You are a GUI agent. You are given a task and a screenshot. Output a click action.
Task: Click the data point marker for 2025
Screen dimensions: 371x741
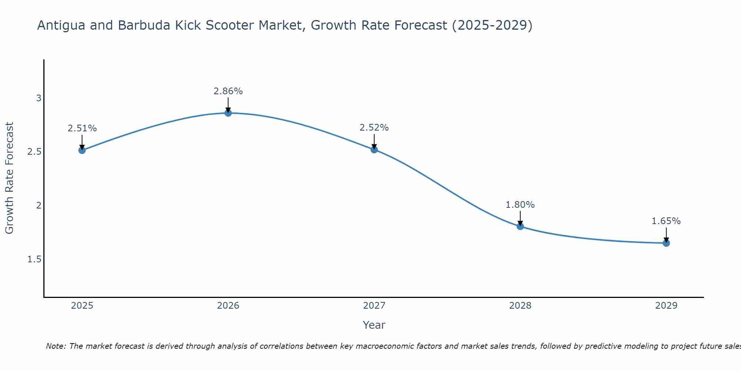(82, 150)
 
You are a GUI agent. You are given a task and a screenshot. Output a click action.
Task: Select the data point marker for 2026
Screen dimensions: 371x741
(228, 113)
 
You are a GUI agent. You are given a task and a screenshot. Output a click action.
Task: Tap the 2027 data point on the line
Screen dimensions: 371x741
(374, 150)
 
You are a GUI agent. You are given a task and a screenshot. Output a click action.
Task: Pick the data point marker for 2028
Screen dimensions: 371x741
(520, 226)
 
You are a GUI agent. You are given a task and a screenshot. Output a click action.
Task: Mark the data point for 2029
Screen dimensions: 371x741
(666, 243)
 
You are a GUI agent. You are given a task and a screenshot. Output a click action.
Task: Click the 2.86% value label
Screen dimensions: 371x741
(228, 91)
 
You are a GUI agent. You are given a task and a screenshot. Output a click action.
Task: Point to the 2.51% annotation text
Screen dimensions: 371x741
(82, 128)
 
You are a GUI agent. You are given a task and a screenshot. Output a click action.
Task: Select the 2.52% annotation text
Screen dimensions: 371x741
(374, 128)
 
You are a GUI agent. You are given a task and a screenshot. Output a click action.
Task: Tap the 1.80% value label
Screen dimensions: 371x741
(520, 205)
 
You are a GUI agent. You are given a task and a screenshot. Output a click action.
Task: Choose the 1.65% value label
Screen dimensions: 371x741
(666, 221)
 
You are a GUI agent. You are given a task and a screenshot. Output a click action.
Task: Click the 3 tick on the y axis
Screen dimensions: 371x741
(39, 98)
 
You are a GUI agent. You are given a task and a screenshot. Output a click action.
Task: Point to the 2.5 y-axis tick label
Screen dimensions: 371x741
(34, 152)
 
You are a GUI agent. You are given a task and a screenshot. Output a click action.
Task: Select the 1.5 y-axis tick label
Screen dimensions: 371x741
(34, 259)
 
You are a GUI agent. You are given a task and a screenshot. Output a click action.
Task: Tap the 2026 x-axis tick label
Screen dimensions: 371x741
(228, 306)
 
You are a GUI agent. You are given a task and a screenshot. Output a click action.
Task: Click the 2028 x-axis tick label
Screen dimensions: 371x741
(520, 306)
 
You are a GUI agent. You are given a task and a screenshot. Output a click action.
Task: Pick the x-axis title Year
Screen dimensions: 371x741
(374, 325)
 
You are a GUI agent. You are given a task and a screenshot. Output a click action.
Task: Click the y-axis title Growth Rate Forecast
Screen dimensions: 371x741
(10, 178)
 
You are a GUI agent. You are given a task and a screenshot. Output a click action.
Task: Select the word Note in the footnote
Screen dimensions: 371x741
(55, 346)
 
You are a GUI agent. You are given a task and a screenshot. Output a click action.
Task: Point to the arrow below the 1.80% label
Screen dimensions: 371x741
(520, 218)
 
